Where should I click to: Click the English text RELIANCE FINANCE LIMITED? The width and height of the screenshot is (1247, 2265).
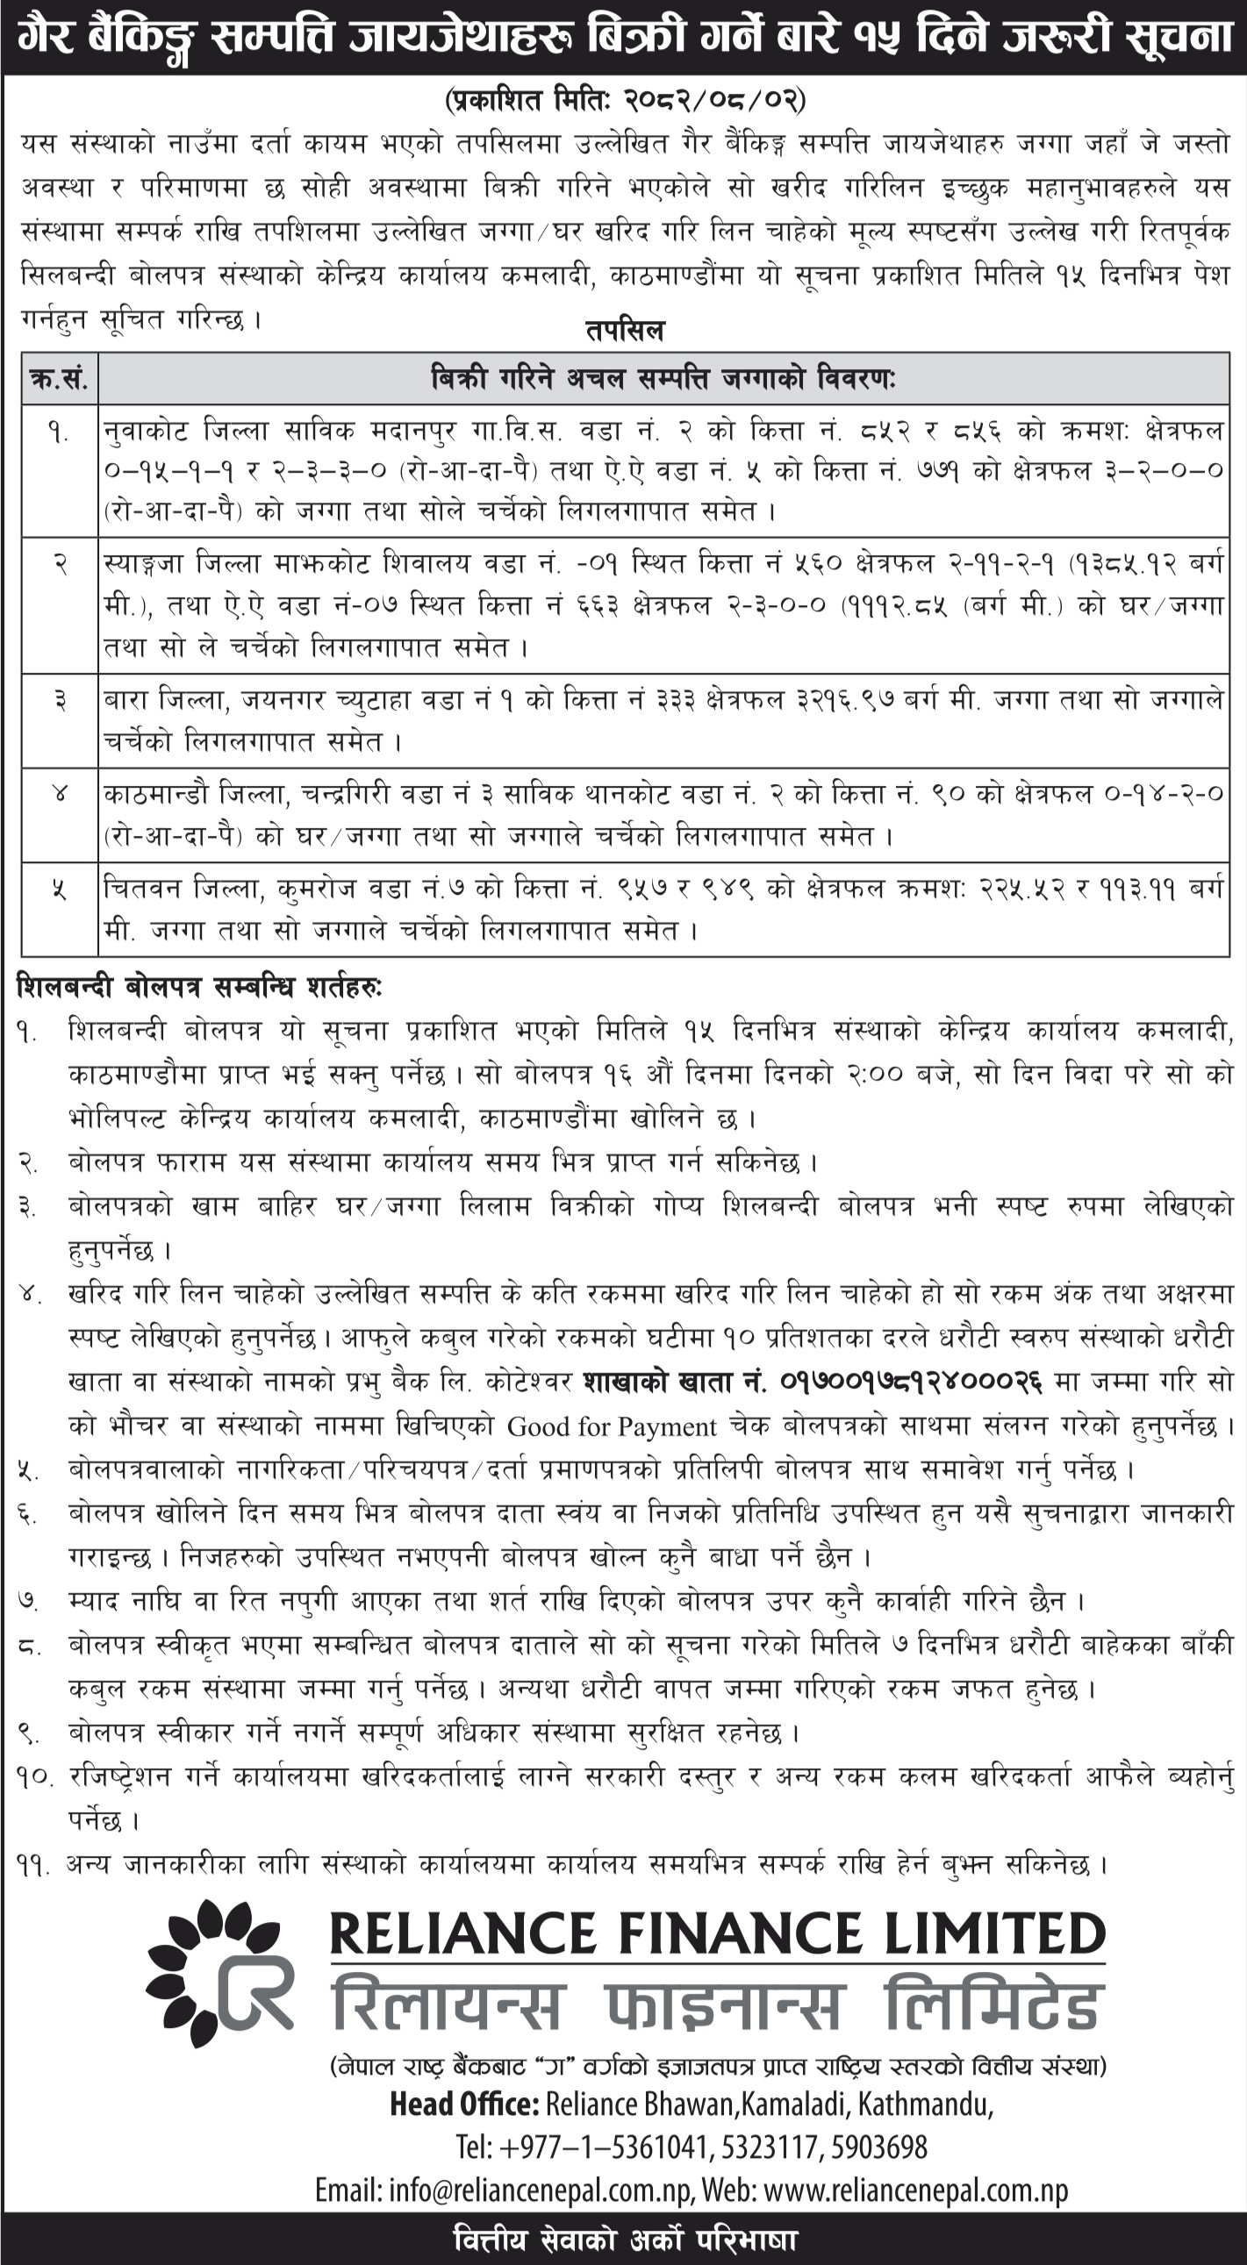coord(717,1934)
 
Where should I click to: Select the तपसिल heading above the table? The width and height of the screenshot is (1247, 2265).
coord(625,331)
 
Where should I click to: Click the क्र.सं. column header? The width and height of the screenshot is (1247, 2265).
coord(59,380)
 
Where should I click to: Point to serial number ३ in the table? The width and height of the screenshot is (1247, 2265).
coord(59,702)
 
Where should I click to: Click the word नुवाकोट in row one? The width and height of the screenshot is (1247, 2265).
coord(144,431)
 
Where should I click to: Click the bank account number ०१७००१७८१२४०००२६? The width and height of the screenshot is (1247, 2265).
coord(911,1382)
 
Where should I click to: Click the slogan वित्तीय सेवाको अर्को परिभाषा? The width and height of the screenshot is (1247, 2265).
coord(625,2241)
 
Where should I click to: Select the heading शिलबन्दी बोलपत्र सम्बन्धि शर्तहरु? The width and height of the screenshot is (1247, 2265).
coord(198,989)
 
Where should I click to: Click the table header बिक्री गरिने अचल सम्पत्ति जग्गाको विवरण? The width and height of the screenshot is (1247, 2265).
coord(664,380)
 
